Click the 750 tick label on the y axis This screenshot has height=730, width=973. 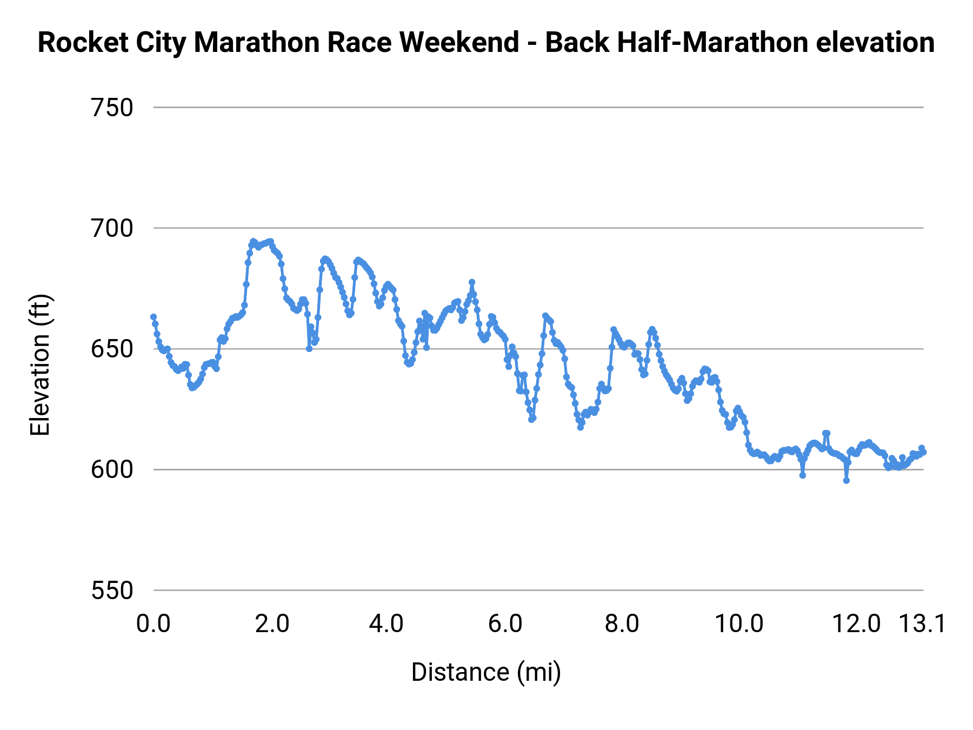[x=112, y=108]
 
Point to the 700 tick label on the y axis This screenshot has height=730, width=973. [x=112, y=229]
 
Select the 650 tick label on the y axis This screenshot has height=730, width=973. [x=112, y=349]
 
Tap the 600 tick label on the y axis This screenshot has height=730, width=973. [x=112, y=470]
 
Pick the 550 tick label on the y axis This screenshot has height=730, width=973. [x=112, y=590]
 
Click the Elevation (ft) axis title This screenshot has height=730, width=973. [x=40, y=365]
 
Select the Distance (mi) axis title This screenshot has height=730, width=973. [x=486, y=672]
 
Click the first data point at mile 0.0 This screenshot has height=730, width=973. [x=154, y=317]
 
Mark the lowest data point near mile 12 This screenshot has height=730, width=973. [x=847, y=480]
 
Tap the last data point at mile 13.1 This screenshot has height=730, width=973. [x=924, y=452]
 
